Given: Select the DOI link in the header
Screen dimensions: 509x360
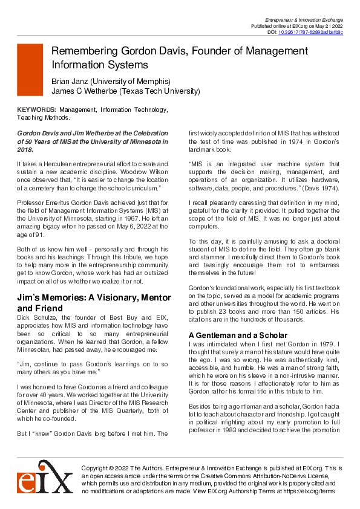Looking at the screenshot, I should tap(310, 32).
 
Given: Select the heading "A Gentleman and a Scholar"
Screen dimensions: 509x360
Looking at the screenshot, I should tap(229, 335).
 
